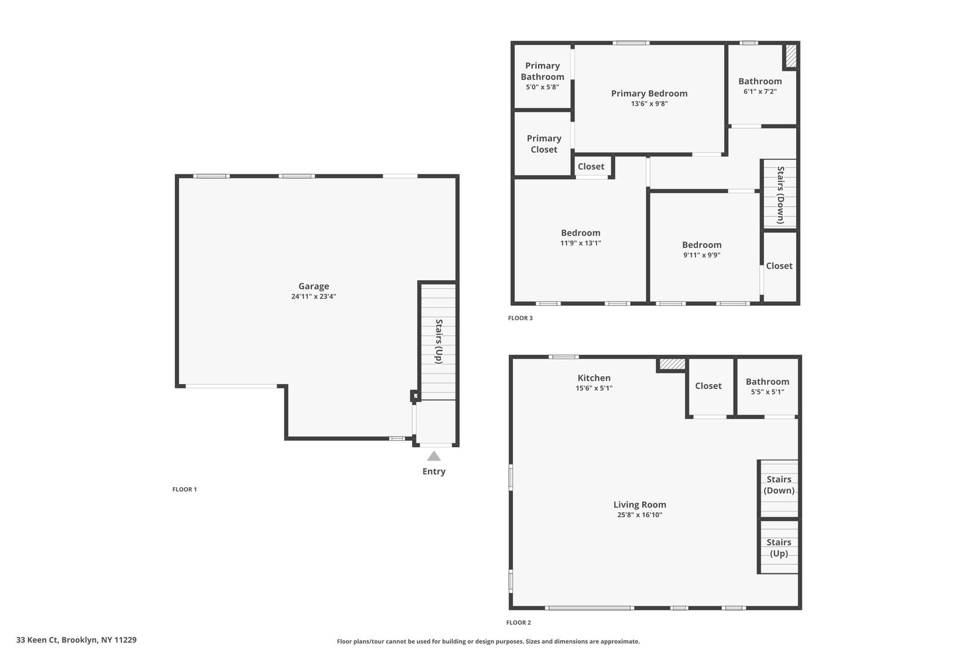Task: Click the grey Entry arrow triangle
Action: [434, 456]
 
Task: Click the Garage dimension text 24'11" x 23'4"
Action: [313, 297]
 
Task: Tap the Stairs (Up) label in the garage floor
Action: [438, 341]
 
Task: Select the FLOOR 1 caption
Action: [184, 489]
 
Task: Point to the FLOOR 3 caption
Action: [520, 318]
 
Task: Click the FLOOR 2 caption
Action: [518, 623]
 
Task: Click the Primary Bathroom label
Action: [542, 71]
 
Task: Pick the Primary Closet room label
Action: [543, 144]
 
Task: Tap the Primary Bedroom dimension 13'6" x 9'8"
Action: [649, 104]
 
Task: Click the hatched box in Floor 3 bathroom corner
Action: [791, 56]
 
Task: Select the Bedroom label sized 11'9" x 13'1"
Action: [580, 233]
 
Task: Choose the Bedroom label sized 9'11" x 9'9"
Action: [702, 245]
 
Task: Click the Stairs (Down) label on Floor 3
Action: [780, 195]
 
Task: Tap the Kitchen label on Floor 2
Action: [594, 378]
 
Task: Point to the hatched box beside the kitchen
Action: [672, 364]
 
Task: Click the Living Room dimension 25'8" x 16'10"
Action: [639, 515]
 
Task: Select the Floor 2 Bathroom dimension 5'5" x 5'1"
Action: [767, 392]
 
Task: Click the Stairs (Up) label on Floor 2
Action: [779, 548]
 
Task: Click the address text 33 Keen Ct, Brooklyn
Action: [76, 640]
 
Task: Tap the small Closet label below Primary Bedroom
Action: [590, 167]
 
